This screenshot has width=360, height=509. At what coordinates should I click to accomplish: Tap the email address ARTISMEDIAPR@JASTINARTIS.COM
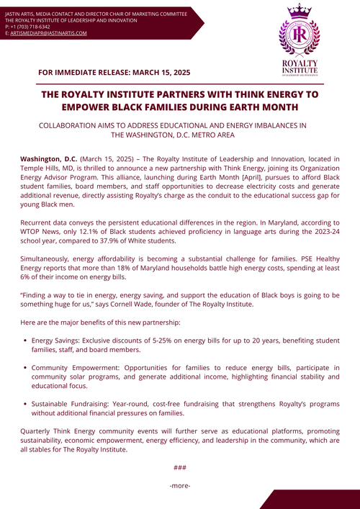[x=49, y=33]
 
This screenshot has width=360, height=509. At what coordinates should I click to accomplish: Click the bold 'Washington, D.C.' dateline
[x=49, y=158]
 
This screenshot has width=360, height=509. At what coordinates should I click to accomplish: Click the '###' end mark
[x=180, y=467]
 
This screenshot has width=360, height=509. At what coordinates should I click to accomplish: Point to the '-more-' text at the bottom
[x=180, y=486]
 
